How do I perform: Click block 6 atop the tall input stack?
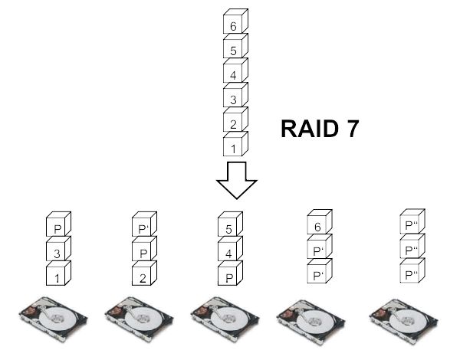tap(233, 26)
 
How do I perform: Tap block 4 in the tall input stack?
tap(233, 75)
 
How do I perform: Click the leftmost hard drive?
tap(54, 316)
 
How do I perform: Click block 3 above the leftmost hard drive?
tap(56, 251)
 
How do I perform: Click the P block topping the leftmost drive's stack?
tap(56, 227)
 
